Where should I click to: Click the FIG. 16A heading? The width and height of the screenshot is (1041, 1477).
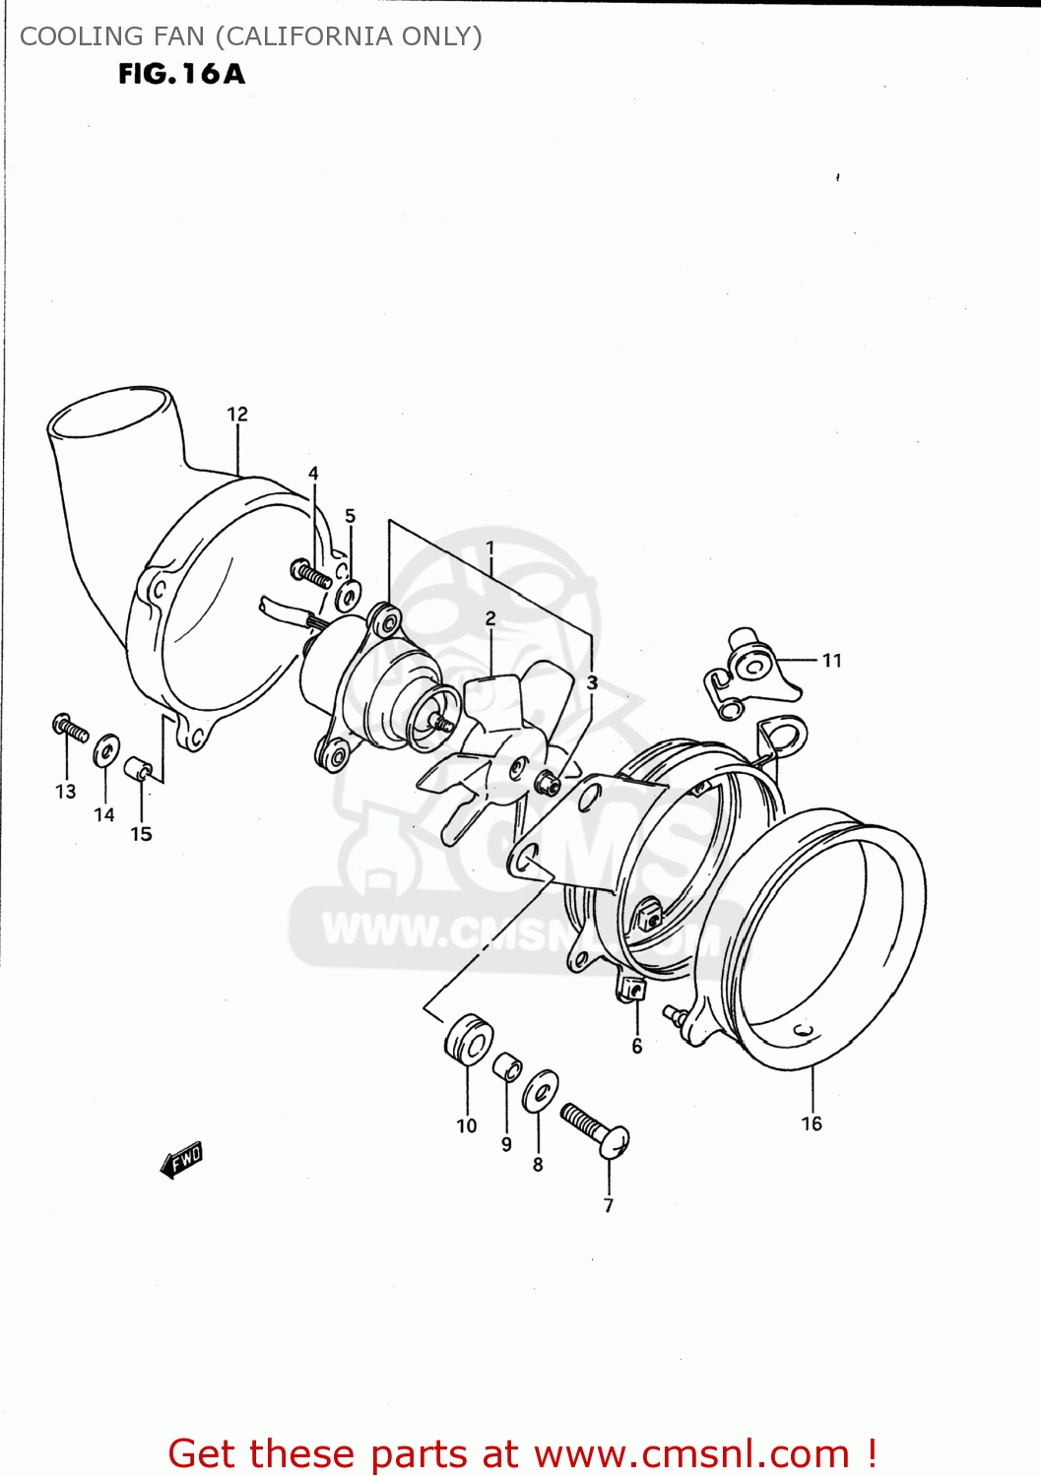181,74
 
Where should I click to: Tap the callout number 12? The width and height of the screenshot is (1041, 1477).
237,415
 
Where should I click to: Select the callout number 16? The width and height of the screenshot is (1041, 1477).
812,1124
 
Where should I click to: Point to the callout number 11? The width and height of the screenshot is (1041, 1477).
832,661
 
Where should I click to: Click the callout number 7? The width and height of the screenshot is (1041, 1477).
609,1205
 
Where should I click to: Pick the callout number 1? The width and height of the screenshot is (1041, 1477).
489,548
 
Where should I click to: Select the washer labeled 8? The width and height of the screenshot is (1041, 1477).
540,1091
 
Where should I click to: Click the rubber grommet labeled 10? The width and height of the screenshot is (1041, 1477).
469,1040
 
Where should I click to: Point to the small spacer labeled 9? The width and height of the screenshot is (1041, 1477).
506,1066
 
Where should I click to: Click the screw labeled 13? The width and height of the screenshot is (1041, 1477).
70,728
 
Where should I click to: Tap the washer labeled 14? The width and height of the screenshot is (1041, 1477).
106,750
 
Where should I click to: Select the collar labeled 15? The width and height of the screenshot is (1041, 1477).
139,768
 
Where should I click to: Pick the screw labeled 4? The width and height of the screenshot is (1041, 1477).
311,573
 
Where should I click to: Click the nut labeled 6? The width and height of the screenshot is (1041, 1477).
630,989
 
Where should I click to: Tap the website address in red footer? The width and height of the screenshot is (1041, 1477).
691,1453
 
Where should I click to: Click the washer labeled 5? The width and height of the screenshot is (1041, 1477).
349,595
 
